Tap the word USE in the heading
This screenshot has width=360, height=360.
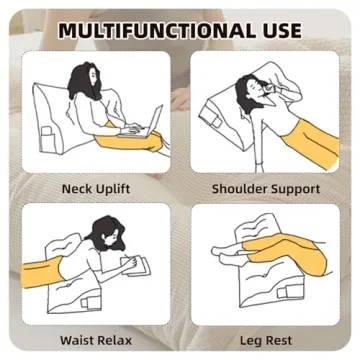tap(273, 29)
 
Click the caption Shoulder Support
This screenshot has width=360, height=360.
tap(265, 188)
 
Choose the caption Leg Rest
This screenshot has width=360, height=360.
tap(265, 339)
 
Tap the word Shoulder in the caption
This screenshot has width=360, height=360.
tap(238, 188)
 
